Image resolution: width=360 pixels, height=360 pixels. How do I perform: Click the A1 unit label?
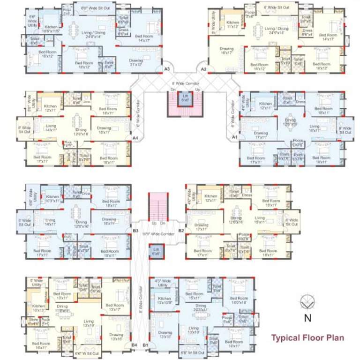(234, 138)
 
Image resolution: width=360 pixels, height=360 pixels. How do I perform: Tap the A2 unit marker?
(203, 69)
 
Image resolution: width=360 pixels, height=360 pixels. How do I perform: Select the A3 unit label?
(166, 69)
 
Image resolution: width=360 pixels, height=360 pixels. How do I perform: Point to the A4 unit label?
(135, 138)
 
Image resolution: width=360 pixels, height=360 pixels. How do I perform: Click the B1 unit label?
(145, 345)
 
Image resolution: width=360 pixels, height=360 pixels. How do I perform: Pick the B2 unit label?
(181, 230)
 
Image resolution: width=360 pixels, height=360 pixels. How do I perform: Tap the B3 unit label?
(135, 230)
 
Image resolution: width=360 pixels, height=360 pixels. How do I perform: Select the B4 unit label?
(135, 345)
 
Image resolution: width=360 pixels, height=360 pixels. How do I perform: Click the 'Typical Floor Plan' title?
(308, 337)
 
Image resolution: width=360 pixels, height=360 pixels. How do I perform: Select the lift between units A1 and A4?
(185, 98)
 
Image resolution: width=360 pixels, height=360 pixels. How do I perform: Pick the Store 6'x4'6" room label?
(33, 322)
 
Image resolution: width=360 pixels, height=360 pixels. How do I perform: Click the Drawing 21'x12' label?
(136, 62)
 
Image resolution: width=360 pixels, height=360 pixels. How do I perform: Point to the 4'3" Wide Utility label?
(163, 283)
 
